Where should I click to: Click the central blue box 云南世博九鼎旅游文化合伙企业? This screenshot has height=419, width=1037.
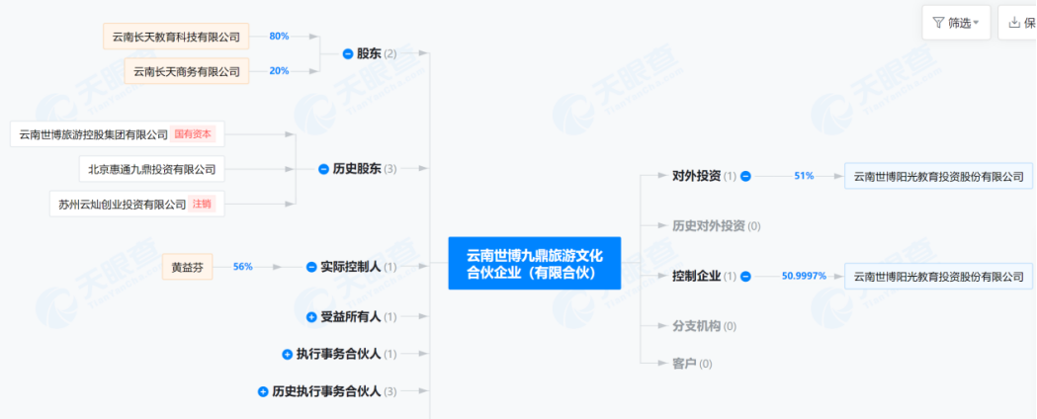pyautogui.click(x=534, y=263)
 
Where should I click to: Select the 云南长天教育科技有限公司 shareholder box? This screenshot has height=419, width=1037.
pyautogui.click(x=176, y=37)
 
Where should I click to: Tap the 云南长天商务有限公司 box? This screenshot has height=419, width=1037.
pyautogui.click(x=187, y=71)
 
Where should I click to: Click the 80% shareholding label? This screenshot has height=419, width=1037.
pyautogui.click(x=279, y=37)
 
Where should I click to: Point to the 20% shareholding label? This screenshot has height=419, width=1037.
pyautogui.click(x=279, y=71)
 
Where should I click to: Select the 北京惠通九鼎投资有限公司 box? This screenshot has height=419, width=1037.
pyautogui.click(x=151, y=169)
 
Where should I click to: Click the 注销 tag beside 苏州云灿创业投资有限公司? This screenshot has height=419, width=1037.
pyautogui.click(x=202, y=204)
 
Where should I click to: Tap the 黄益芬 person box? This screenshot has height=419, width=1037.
pyautogui.click(x=188, y=267)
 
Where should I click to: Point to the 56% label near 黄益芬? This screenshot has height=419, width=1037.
pyautogui.click(x=243, y=267)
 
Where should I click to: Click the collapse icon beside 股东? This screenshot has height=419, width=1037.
pyautogui.click(x=348, y=53)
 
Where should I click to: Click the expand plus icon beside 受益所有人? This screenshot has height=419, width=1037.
pyautogui.click(x=311, y=317)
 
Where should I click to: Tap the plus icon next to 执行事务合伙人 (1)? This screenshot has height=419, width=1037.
pyautogui.click(x=288, y=354)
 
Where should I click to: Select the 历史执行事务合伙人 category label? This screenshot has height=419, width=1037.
pyautogui.click(x=326, y=391)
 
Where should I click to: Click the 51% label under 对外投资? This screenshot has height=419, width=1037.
pyautogui.click(x=804, y=176)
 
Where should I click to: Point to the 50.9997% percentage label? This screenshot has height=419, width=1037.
pyautogui.click(x=804, y=277)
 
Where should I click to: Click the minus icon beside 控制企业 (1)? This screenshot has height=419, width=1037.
pyautogui.click(x=746, y=277)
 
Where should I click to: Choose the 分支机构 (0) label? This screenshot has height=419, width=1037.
pyautogui.click(x=704, y=326)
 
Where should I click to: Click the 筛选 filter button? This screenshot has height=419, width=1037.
pyautogui.click(x=956, y=23)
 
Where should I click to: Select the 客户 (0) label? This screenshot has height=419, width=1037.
pyautogui.click(x=692, y=364)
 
